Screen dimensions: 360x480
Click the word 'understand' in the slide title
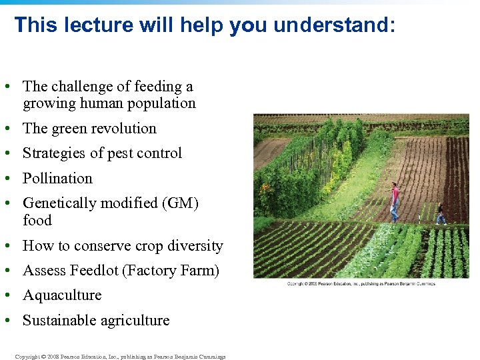coord(333,25)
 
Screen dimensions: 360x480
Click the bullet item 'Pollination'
coord(57,178)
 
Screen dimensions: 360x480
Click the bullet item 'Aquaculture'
coord(62,295)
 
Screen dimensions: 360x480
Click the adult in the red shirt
coord(395,201)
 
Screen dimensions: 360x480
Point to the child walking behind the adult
coord(440,214)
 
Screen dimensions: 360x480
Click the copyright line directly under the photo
coord(361,284)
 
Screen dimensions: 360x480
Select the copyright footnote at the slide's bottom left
coord(120,357)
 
